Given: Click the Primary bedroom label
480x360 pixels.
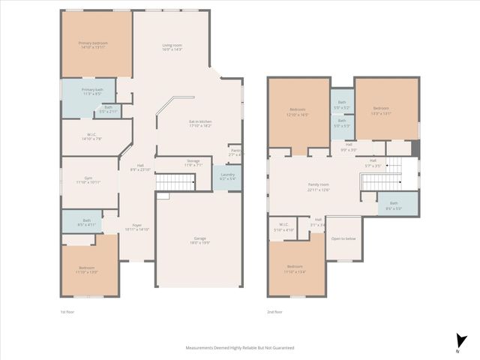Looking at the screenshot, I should click(94, 43).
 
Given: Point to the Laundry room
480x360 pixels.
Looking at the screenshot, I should click(227, 177).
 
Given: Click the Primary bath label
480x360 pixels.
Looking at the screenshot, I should click(93, 90).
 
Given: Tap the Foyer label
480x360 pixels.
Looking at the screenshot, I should click(136, 225).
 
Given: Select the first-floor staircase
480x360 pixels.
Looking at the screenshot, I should click(180, 181).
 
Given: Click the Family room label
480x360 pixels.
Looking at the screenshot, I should click(318, 184).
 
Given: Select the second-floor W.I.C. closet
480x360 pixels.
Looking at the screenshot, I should click(284, 226).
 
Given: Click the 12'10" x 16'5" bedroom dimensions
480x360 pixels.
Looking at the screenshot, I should click(297, 115).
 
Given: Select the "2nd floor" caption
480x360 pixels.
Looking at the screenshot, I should click(274, 312).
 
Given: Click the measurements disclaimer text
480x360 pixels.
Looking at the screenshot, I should click(240, 348).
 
